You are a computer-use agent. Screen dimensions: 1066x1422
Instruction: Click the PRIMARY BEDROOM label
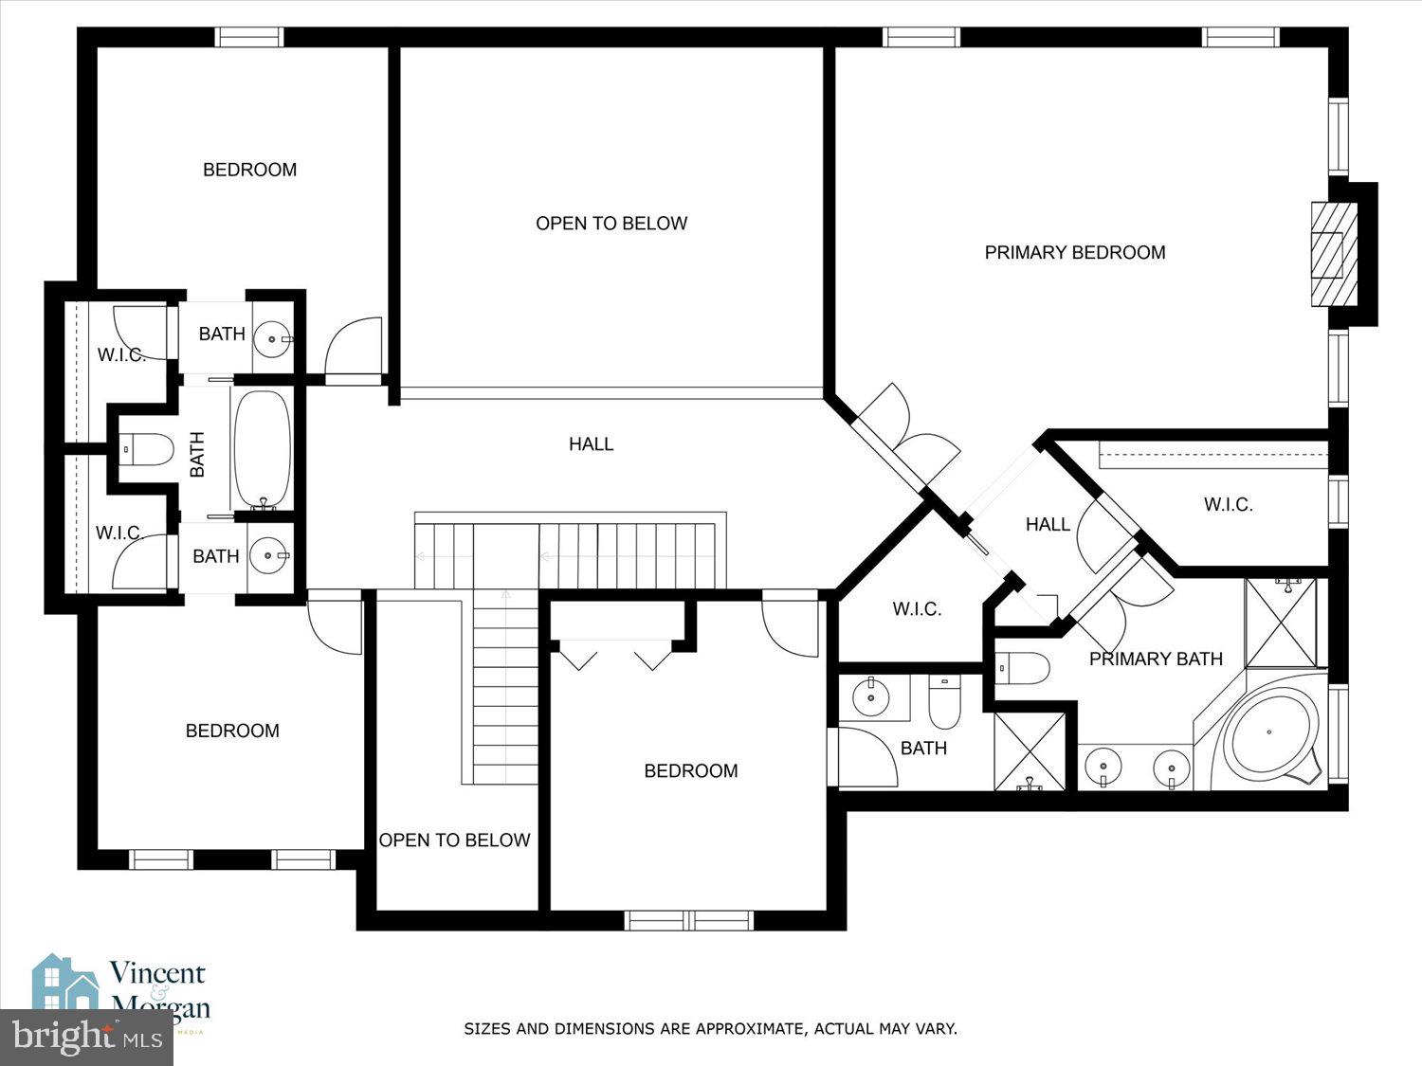[1074, 253]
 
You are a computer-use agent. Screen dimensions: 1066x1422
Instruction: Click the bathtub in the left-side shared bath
[262, 450]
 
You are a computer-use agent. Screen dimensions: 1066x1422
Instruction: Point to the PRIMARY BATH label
[1156, 659]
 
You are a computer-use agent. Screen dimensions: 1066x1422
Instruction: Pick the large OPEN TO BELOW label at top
[611, 224]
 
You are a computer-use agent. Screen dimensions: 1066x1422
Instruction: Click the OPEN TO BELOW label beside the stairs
[454, 840]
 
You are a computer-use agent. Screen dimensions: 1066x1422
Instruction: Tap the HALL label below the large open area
[591, 443]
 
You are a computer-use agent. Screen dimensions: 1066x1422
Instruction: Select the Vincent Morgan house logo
[66, 985]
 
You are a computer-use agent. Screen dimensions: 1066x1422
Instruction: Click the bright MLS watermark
[85, 1037]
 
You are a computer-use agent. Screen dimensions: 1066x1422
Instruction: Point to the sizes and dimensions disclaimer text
[710, 1028]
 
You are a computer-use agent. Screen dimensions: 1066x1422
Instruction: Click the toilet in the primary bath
[1023, 668]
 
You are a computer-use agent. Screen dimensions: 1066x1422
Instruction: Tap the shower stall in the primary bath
[1281, 623]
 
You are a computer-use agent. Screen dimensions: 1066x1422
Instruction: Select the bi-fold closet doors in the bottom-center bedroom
[614, 656]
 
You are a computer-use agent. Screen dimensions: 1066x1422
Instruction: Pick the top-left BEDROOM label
[249, 170]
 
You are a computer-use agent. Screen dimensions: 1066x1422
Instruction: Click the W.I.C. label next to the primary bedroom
[1228, 505]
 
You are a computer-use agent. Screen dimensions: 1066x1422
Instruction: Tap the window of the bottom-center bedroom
[689, 920]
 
